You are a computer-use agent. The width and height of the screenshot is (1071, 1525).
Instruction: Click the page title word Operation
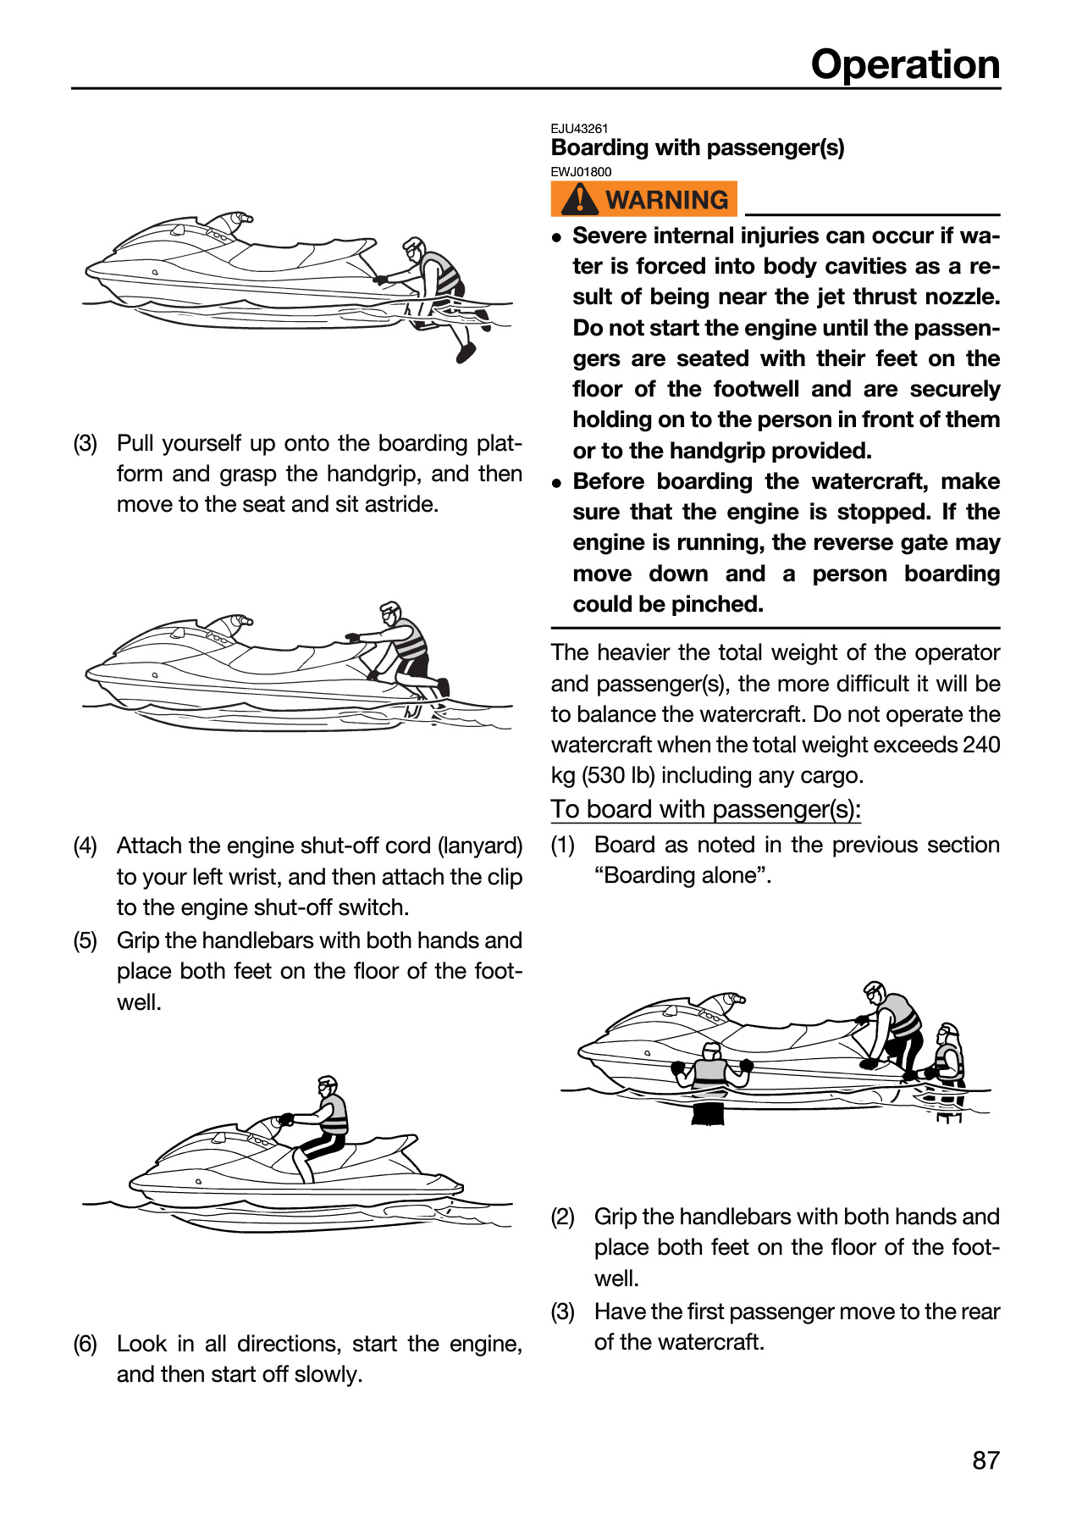tap(905, 64)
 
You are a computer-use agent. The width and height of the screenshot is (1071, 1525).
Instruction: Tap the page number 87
tap(986, 1460)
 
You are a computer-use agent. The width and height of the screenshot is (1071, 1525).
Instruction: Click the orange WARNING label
tap(644, 199)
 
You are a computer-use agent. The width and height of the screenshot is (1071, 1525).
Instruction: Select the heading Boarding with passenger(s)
tap(698, 147)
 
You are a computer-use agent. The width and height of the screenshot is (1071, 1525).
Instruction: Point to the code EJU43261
tap(580, 129)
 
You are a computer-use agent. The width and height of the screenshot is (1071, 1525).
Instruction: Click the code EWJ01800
tap(581, 172)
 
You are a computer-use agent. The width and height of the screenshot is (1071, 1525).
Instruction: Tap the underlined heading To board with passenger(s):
tap(706, 809)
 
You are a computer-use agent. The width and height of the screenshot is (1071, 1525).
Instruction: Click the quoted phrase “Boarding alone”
tap(683, 874)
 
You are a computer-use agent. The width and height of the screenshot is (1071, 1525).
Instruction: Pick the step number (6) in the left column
tap(86, 1344)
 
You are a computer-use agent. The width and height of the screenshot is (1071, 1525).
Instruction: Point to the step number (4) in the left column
tap(86, 846)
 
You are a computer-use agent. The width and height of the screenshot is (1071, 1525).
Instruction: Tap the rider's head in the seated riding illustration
tap(327, 1087)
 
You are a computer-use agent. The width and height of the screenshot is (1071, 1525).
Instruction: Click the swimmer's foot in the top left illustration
tap(466, 352)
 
